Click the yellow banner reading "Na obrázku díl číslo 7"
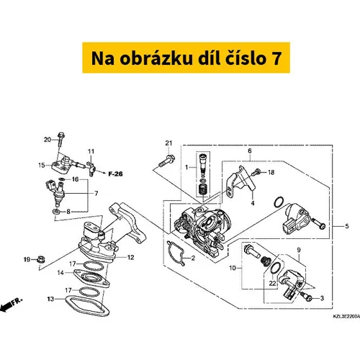186,58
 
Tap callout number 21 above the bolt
168,143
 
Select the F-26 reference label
115,174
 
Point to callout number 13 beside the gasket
50,299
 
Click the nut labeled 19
41,259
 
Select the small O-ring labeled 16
61,179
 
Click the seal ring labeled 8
57,212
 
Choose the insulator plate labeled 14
91,279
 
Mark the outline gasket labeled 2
176,252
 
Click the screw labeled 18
256,172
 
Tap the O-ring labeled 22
275,268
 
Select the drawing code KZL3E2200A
346,317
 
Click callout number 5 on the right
347,226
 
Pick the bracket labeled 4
240,181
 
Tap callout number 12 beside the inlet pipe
130,258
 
